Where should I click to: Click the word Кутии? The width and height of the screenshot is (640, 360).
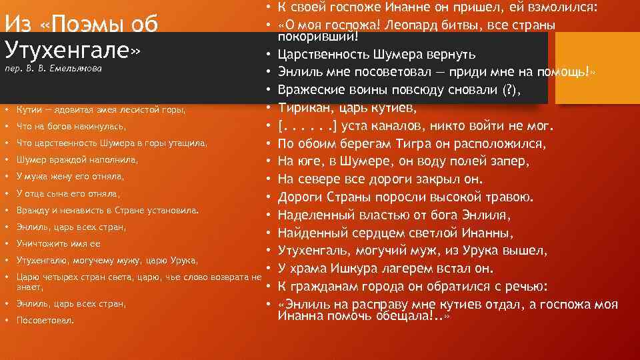[31, 109]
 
